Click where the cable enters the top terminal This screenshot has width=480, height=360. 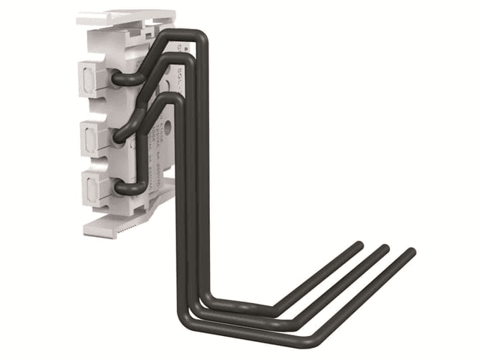point(118,76)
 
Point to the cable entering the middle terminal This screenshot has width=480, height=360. point(121,136)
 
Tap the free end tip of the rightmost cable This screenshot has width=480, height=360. point(410,253)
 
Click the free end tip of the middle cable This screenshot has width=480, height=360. point(385,248)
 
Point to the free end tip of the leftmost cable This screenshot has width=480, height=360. point(358,245)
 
